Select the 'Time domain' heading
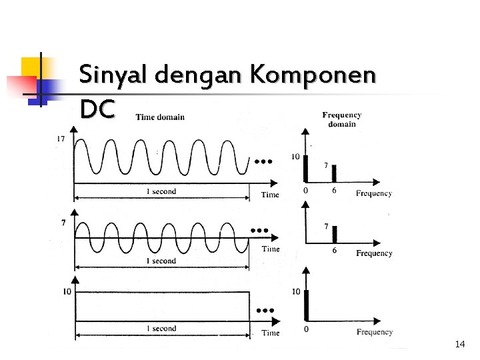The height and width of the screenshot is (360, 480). point(160,117)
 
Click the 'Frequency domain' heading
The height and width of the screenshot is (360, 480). point(342,119)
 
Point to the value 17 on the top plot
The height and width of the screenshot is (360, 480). point(61,139)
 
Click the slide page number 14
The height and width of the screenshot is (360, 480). point(459,344)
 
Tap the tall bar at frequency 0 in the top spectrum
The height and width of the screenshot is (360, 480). point(305,168)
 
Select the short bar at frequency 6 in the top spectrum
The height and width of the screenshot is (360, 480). point(334,173)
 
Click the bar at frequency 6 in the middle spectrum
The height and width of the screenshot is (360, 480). point(335,234)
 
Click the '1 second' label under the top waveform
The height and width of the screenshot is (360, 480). point(161,191)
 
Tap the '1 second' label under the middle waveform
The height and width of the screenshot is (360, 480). point(161,261)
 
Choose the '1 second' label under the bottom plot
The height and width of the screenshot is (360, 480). point(161,328)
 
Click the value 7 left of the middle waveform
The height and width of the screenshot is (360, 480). point(63,223)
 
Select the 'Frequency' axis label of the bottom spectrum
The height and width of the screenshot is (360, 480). point(375,332)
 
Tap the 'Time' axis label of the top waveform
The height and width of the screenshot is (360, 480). point(270,195)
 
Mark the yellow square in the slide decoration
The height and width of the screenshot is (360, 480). point(33,68)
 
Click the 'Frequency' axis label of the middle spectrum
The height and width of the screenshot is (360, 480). point(374,253)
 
